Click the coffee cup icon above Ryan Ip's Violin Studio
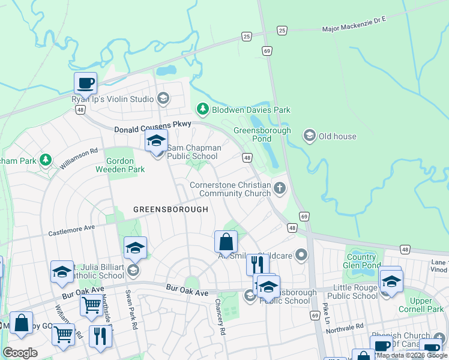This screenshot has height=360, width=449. point(85,83)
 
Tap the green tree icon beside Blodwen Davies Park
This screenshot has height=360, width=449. point(203,109)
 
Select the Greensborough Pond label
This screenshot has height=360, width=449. point(262,134)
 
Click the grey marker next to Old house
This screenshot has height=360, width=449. point(310,136)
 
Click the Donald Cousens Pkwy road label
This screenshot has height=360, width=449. point(152,127)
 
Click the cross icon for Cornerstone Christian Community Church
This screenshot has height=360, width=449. point(279,189)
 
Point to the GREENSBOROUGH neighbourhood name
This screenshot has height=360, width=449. point(170,209)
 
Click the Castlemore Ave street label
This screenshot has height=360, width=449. point(72,229)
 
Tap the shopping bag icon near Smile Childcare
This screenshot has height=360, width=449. point(226,242)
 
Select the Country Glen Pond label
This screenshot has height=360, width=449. point(361,261)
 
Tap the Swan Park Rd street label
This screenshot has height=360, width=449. point(128,308)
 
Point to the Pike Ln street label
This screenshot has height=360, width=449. point(327,313)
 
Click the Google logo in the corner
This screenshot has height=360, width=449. point(20,352)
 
